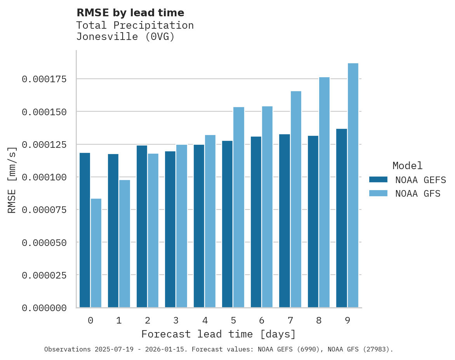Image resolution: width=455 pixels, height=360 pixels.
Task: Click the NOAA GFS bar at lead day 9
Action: pos(353,185)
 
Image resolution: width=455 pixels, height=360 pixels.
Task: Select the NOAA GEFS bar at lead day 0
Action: pos(85,230)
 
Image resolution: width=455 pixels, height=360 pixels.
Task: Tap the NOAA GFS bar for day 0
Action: pos(96,253)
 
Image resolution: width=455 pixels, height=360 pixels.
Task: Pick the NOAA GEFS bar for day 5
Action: pos(227,224)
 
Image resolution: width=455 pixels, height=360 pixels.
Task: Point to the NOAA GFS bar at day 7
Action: pos(296,199)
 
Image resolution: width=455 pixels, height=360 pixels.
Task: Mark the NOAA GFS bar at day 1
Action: pos(125,244)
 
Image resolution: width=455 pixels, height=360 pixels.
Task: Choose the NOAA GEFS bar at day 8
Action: pos(313,222)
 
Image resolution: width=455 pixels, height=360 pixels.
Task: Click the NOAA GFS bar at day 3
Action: pos(182,226)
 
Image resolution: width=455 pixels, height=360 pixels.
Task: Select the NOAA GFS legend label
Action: pos(418,194)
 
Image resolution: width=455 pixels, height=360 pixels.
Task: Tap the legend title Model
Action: pos(407,166)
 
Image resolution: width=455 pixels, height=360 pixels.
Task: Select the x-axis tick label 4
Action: pos(205,320)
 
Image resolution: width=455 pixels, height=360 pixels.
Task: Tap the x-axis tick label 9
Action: pos(347,320)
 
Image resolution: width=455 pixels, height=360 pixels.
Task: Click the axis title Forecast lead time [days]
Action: pos(219,334)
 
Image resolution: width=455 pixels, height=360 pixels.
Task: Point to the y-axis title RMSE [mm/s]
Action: pos(12,180)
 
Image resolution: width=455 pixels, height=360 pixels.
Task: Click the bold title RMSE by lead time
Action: pos(130,13)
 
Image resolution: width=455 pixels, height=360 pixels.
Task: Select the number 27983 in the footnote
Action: pos(374,350)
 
